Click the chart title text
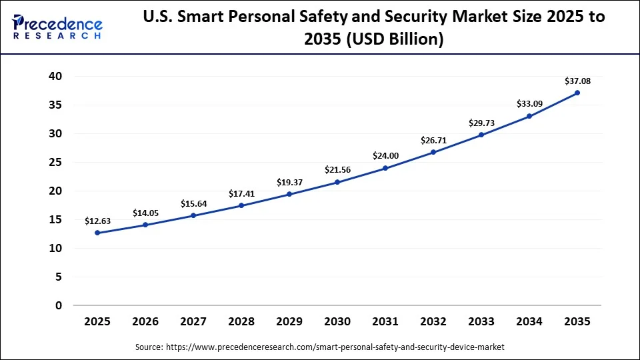(x=374, y=28)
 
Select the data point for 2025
(x=97, y=233)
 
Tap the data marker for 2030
(x=337, y=182)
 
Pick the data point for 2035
(x=577, y=93)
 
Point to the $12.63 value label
(x=97, y=221)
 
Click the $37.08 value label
(x=577, y=81)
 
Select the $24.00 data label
(x=385, y=156)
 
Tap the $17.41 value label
(x=241, y=194)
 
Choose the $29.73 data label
(x=481, y=123)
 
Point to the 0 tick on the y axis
(x=59, y=305)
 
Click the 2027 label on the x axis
(x=193, y=321)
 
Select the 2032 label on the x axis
(x=433, y=321)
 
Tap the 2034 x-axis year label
(x=529, y=321)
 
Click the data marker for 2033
(x=481, y=135)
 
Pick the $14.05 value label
(x=145, y=213)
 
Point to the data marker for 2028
(x=241, y=205)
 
